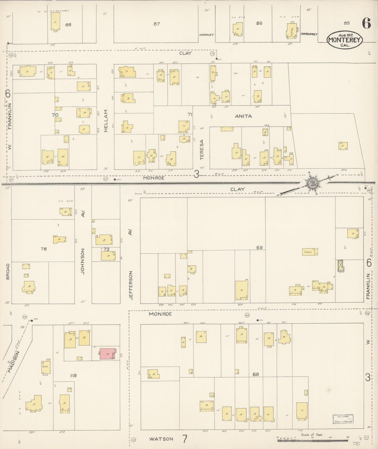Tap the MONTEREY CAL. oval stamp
pyautogui.click(x=345, y=40)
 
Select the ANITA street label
pyautogui.click(x=243, y=116)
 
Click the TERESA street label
pyautogui.click(x=202, y=149)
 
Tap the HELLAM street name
pyautogui.click(x=106, y=121)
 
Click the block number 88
pyautogui.click(x=68, y=25)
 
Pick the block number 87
pyautogui.click(x=156, y=24)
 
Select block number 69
pyautogui.click(x=259, y=247)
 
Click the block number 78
pyautogui.click(x=44, y=249)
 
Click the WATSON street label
pyautogui.click(x=161, y=439)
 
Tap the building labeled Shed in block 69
pyautogui.click(x=310, y=252)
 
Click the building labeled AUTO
pyautogui.click(x=46, y=367)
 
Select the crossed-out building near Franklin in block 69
pyautogui.click(x=341, y=265)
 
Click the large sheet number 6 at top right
pyautogui.click(x=366, y=24)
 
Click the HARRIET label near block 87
pyautogui.click(x=206, y=35)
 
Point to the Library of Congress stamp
pyautogui.click(x=343, y=419)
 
